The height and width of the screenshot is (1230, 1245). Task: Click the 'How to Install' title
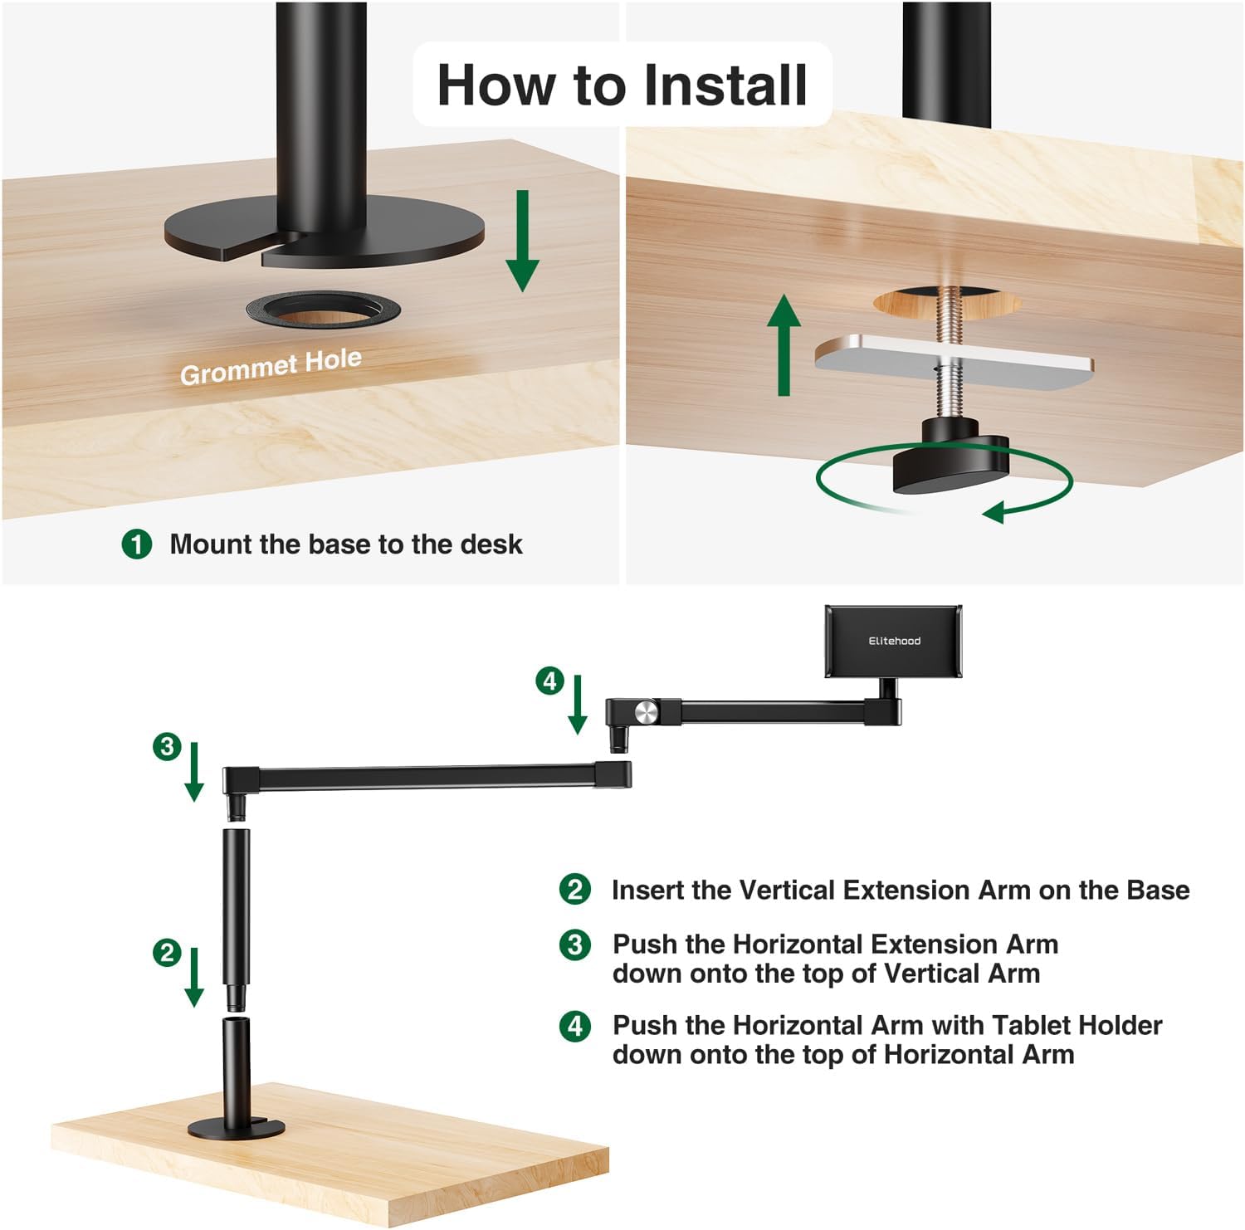622,85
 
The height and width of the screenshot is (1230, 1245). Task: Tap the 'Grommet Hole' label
271,367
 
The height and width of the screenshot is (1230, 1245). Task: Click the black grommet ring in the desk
323,310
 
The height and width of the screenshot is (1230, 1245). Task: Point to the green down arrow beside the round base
522,241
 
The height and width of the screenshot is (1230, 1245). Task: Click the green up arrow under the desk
784,345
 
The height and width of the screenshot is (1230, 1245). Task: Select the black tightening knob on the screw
950,465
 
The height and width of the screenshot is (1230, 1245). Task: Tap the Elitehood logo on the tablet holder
894,641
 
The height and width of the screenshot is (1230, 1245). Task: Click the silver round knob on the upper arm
646,711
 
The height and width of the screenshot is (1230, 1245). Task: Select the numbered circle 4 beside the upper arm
549,681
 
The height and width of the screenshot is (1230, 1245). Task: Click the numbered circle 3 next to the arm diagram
167,746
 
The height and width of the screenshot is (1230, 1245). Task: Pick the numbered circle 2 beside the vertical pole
167,952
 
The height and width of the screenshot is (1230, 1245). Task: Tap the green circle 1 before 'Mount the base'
137,544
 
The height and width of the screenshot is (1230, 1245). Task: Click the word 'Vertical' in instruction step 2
787,890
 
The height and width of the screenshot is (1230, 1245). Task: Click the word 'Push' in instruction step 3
646,944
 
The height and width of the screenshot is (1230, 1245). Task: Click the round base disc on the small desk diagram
237,1129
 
